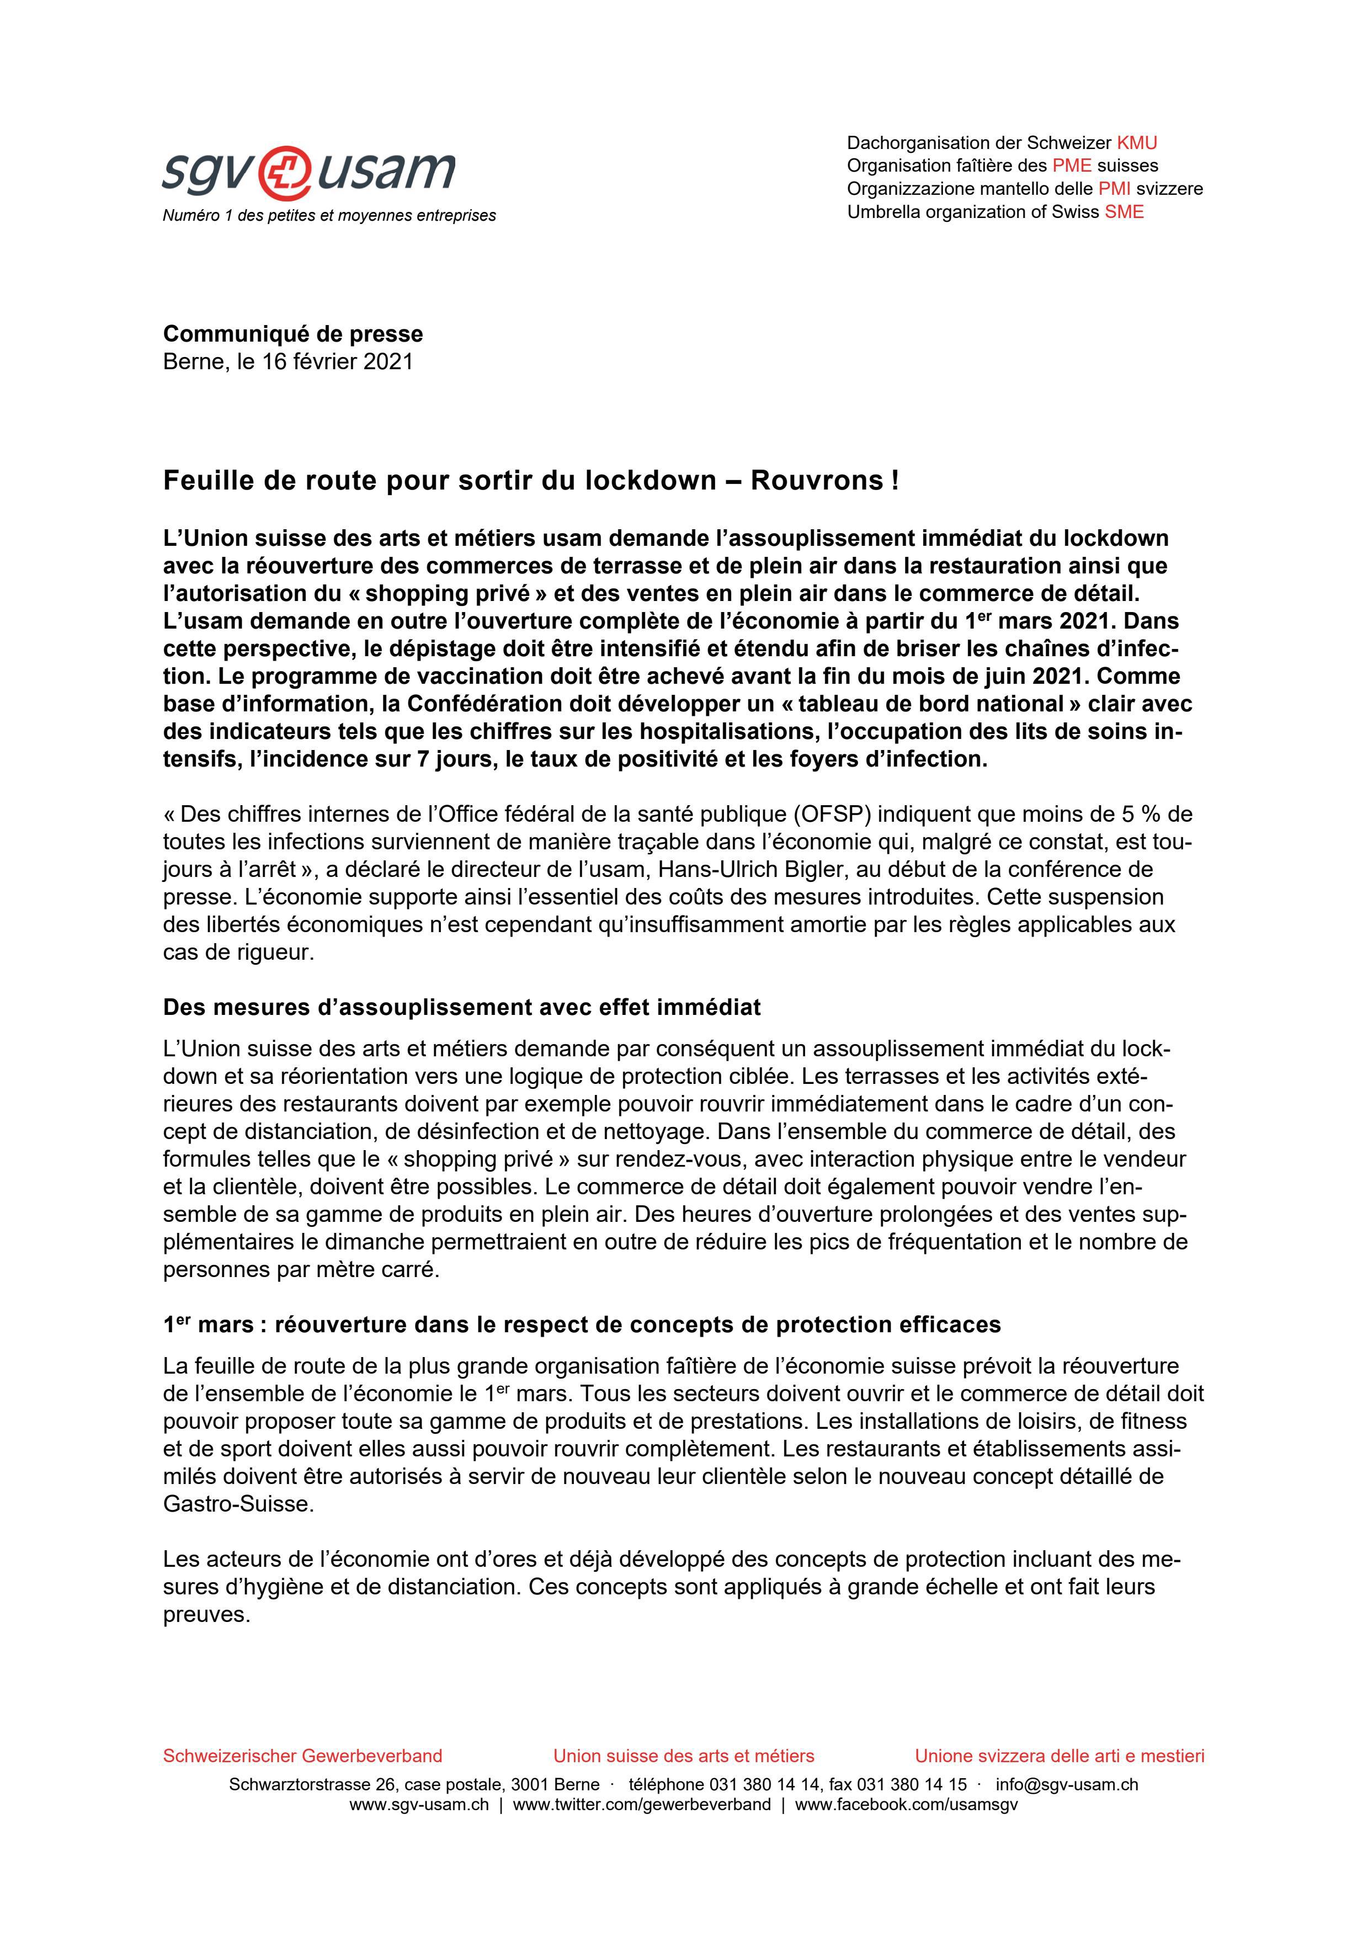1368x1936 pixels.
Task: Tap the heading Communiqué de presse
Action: click(x=292, y=334)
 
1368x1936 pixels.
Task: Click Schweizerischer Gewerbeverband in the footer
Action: click(x=302, y=1756)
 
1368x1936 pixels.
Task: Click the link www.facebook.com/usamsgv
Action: click(x=906, y=1805)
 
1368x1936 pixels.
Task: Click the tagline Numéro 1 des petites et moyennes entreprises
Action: click(x=329, y=216)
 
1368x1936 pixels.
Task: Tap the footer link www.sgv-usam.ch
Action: click(x=419, y=1805)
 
